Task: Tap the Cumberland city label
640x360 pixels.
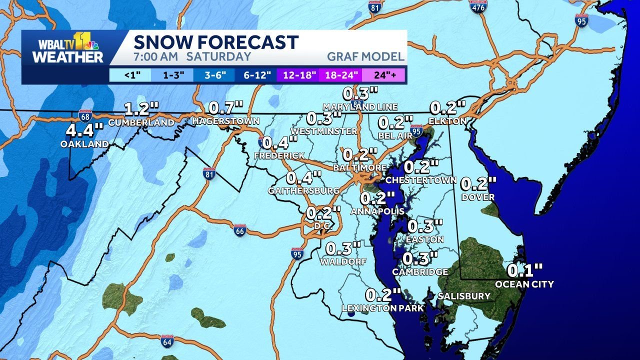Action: (141, 122)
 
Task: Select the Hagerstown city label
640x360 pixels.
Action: (225, 121)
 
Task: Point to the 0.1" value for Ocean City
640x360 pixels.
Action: (524, 271)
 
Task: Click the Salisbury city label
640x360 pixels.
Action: (464, 296)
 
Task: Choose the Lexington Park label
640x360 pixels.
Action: (382, 308)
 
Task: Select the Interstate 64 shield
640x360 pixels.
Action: (167, 341)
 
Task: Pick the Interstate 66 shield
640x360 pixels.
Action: (240, 230)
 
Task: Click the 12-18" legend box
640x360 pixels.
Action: (299, 76)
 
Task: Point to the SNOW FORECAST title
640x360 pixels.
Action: (216, 42)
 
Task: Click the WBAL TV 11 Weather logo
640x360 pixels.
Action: (67, 48)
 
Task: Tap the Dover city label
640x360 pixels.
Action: (478, 197)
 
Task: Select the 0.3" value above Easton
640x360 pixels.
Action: (425, 226)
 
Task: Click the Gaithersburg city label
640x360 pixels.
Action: (303, 190)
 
